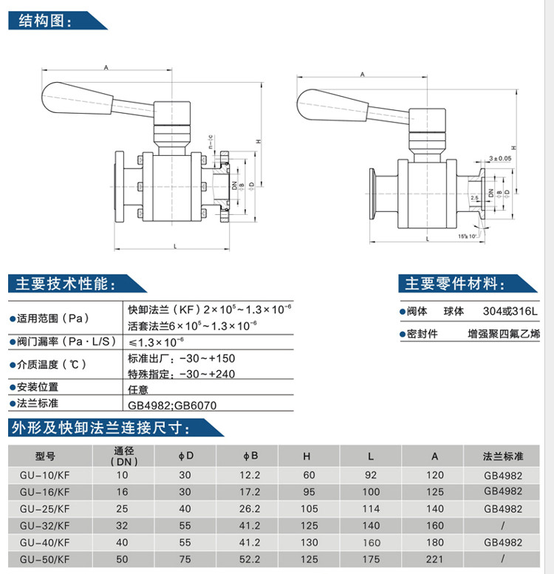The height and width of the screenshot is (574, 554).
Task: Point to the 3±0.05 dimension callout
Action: coord(499,158)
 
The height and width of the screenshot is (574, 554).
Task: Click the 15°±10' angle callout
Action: coord(467,236)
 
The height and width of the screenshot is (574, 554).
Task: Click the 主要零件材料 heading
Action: coord(451,284)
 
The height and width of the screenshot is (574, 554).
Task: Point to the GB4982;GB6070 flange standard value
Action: coord(173,406)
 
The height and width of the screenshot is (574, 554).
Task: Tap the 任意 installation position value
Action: coord(139,387)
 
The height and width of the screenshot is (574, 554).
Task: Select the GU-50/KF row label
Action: coord(45,559)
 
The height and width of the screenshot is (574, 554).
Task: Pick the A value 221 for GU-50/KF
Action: coord(435,559)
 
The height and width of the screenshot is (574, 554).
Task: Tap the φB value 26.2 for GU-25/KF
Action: coord(251,509)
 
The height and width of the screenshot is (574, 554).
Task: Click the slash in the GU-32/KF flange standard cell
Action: coord(503,526)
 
